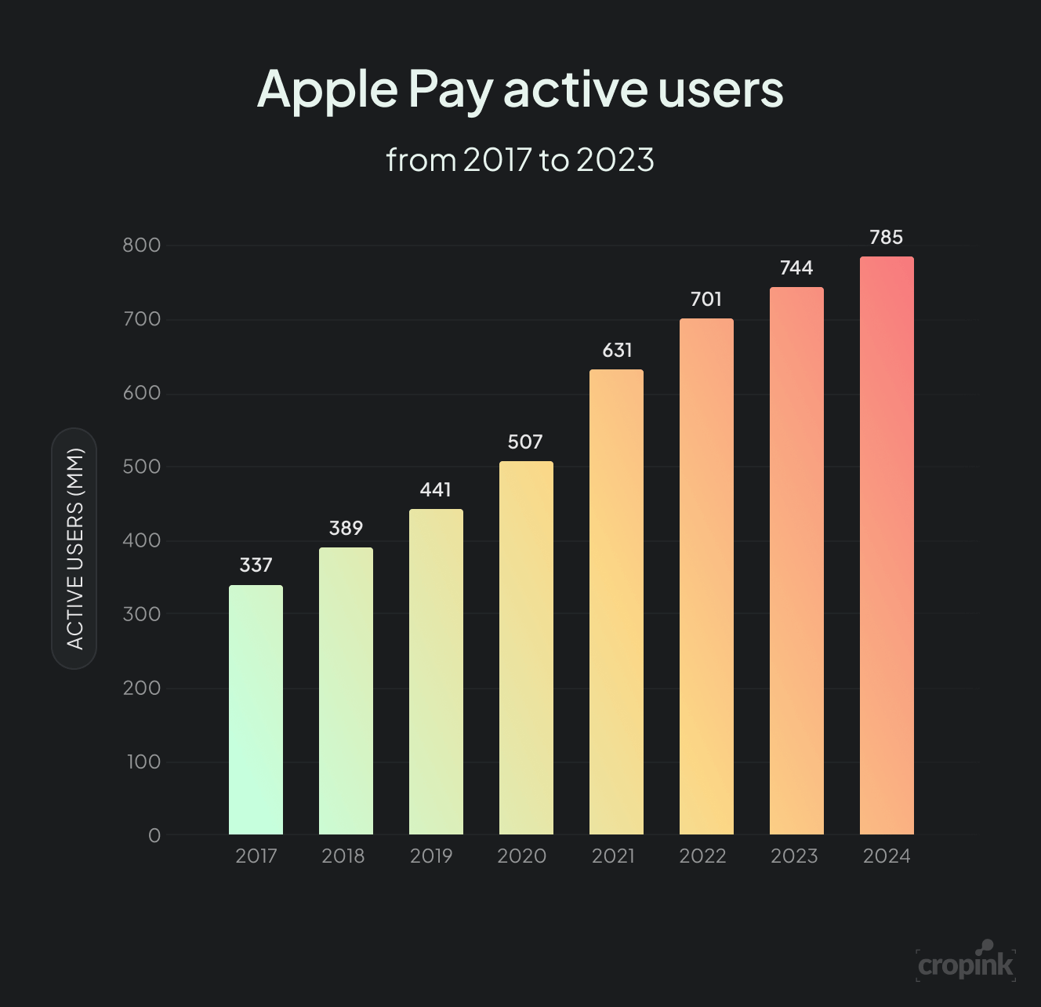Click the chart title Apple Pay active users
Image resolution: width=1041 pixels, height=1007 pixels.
pyautogui.click(x=520, y=89)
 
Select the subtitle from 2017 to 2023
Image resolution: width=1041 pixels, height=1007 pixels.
pyautogui.click(x=520, y=160)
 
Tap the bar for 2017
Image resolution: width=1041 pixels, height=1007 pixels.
pyautogui.click(x=256, y=710)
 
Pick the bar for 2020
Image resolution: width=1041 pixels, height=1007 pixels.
pyautogui.click(x=526, y=648)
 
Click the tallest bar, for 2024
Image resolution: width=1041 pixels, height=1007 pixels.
pyautogui.click(x=887, y=545)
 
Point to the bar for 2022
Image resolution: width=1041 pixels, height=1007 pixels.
pyautogui.click(x=706, y=576)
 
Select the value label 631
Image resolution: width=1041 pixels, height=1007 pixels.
pyautogui.click(x=617, y=351)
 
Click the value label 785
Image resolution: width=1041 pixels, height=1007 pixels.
pyautogui.click(x=887, y=238)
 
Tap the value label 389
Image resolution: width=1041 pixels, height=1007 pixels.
pyautogui.click(x=346, y=529)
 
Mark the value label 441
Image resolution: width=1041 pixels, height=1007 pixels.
pyautogui.click(x=436, y=490)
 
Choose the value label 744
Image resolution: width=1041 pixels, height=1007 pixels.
pyautogui.click(x=796, y=268)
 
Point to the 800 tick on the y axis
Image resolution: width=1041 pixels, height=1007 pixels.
pyautogui.click(x=142, y=245)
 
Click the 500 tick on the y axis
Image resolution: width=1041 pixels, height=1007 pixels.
pyautogui.click(x=142, y=467)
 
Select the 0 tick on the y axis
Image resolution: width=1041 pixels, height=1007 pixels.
pyautogui.click(x=154, y=836)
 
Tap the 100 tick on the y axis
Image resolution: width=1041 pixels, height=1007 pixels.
pyautogui.click(x=143, y=762)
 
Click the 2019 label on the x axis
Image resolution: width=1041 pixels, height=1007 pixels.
pyautogui.click(x=431, y=856)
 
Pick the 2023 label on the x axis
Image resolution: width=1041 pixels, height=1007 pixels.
pyautogui.click(x=794, y=856)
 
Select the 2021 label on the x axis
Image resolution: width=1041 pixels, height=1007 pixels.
pyautogui.click(x=613, y=856)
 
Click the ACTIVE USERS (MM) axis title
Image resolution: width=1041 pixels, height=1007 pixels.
pyautogui.click(x=74, y=548)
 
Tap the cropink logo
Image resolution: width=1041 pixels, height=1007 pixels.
pyautogui.click(x=966, y=963)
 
